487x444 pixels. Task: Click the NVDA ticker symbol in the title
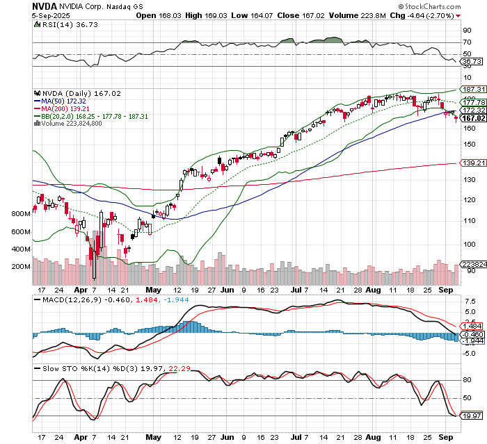(x=17, y=6)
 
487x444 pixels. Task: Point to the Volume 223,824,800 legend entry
(x=68, y=124)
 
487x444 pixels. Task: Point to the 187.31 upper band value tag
(x=472, y=90)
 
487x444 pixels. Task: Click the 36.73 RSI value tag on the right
(x=472, y=62)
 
